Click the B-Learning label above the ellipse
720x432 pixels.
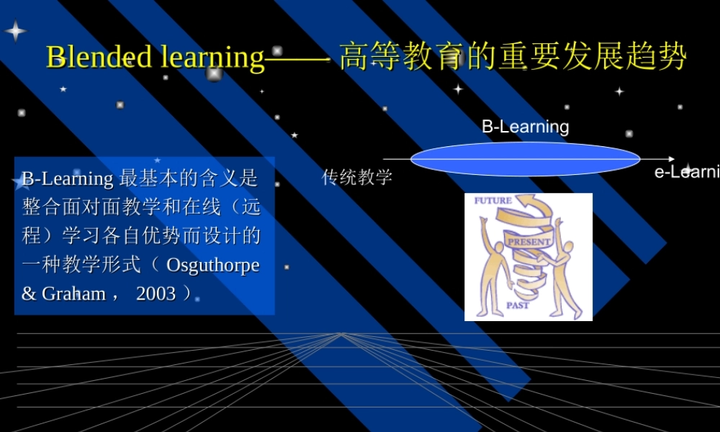click(x=525, y=127)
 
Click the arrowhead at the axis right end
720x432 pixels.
click(x=671, y=159)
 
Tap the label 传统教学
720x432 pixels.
click(x=357, y=177)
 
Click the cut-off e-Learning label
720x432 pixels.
click(x=686, y=172)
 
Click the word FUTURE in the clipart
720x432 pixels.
click(x=493, y=201)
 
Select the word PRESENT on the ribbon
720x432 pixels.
click(x=529, y=242)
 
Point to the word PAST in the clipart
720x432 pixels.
click(x=518, y=305)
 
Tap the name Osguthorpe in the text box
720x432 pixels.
click(x=212, y=265)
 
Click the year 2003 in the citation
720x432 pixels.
click(x=156, y=294)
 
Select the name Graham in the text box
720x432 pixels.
click(x=73, y=294)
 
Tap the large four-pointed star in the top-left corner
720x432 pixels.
click(x=15, y=31)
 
